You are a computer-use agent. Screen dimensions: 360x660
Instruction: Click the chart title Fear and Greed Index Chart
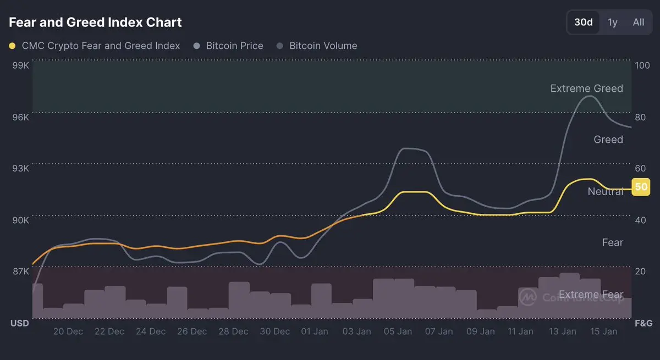click(x=95, y=23)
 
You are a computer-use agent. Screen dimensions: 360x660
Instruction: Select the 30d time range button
click(x=583, y=23)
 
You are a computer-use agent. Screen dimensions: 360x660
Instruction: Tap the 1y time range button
click(x=612, y=23)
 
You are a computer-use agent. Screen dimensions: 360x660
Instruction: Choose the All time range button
click(x=638, y=23)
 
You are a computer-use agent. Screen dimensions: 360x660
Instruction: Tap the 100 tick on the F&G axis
click(x=642, y=65)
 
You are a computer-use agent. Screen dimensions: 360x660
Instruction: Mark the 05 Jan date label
click(x=398, y=331)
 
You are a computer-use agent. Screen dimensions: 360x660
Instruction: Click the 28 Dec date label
click(x=233, y=331)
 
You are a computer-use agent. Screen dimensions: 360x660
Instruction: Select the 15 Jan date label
click(x=603, y=331)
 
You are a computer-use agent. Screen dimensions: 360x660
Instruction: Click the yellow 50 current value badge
click(x=641, y=187)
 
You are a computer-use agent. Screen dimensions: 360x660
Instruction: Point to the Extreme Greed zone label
click(x=586, y=88)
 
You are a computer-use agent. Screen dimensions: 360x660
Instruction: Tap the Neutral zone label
click(x=605, y=191)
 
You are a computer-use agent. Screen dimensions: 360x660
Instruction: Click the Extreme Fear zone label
click(x=591, y=295)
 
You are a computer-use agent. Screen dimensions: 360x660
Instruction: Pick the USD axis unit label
click(x=20, y=323)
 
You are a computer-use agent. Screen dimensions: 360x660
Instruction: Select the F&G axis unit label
click(x=643, y=323)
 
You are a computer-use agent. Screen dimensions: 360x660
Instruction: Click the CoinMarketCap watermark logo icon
click(x=528, y=297)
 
